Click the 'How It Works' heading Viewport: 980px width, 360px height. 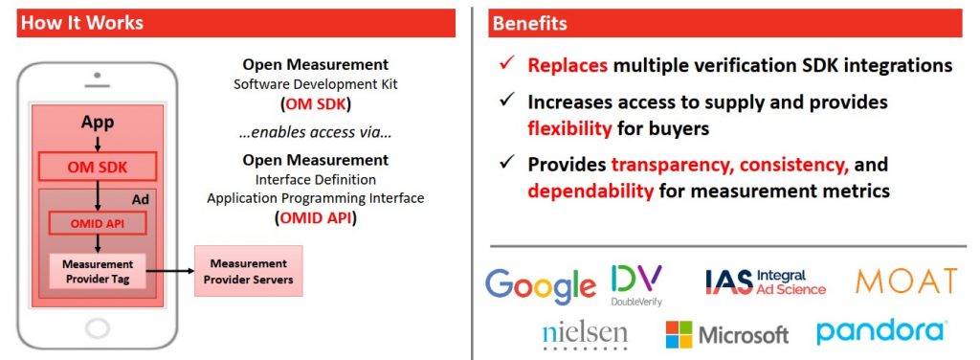82,23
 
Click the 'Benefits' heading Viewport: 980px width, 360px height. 529,23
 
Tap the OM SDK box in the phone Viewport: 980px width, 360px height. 98,167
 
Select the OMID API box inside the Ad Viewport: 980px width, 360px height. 97,223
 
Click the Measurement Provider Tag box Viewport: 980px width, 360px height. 98,271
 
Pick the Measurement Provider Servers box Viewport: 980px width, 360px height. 248,271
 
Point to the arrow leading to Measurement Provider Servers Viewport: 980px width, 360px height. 170,271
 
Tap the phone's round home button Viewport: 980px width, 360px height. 97,327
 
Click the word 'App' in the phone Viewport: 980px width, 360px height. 98,122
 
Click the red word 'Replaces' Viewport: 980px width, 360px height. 568,65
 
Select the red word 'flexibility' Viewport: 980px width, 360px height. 569,128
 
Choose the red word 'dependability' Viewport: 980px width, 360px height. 590,191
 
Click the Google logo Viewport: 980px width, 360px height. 541,285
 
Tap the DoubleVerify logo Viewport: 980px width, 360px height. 636,285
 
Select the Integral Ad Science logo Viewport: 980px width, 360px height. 766,281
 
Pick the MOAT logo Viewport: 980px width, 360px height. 906,281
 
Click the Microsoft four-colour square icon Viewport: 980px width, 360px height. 679,334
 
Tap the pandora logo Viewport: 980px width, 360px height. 881,331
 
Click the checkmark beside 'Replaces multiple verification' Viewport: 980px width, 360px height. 507,64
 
